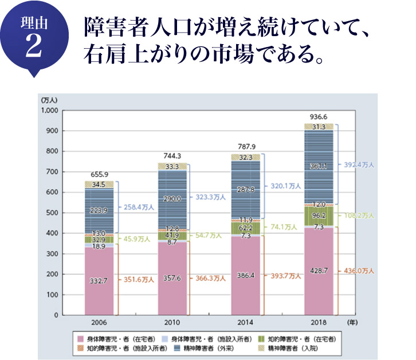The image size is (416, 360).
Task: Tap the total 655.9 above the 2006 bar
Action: point(99,174)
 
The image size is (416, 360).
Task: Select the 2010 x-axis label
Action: point(172,323)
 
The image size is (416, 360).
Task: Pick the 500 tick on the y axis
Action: point(52,213)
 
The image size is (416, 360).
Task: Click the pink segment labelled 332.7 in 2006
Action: point(99,280)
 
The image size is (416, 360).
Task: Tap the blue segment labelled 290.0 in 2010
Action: point(172,198)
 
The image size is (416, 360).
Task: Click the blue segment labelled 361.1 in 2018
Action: point(319,167)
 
